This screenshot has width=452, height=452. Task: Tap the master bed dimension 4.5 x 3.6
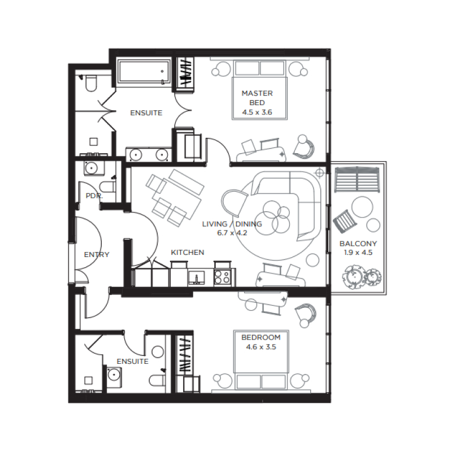click(x=257, y=112)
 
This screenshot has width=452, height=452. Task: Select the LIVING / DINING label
click(x=232, y=224)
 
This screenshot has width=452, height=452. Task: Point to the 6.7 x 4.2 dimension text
click(x=232, y=232)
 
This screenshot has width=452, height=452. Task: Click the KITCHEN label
click(x=187, y=252)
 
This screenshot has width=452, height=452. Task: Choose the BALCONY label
click(x=358, y=244)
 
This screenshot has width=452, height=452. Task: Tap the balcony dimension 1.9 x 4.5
click(x=358, y=253)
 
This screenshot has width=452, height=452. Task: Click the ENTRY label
click(x=96, y=255)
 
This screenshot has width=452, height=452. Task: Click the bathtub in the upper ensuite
click(x=144, y=72)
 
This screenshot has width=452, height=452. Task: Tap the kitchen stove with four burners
click(x=223, y=277)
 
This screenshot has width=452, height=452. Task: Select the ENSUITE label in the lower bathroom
click(x=132, y=361)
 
